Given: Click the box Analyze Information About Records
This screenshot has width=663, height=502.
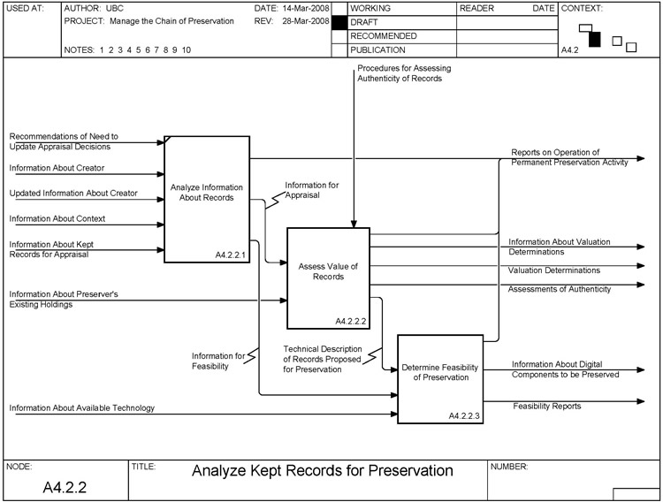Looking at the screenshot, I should [207, 199].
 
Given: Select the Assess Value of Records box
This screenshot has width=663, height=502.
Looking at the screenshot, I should [327, 277].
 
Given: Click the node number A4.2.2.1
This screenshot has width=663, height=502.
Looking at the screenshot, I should [230, 255].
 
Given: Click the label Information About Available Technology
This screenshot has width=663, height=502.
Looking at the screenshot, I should [82, 407].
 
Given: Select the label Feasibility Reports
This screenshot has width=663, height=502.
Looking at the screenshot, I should [547, 407].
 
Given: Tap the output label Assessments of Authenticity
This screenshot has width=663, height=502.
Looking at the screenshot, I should [559, 289].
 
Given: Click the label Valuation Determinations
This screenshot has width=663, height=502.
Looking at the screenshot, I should [554, 270].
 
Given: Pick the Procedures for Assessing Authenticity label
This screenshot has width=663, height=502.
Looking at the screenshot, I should [400, 73].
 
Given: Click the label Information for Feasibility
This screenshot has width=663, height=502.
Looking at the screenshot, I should [217, 361].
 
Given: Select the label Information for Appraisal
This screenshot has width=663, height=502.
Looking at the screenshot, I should [310, 190].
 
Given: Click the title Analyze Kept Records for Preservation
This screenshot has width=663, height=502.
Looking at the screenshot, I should [322, 470].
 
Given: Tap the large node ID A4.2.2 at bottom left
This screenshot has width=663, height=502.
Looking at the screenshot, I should [65, 487].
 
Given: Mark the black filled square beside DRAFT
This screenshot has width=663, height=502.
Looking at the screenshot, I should [339, 21].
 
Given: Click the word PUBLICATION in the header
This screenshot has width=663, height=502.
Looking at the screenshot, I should [378, 50].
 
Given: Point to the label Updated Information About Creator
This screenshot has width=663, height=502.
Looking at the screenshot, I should [73, 193].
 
